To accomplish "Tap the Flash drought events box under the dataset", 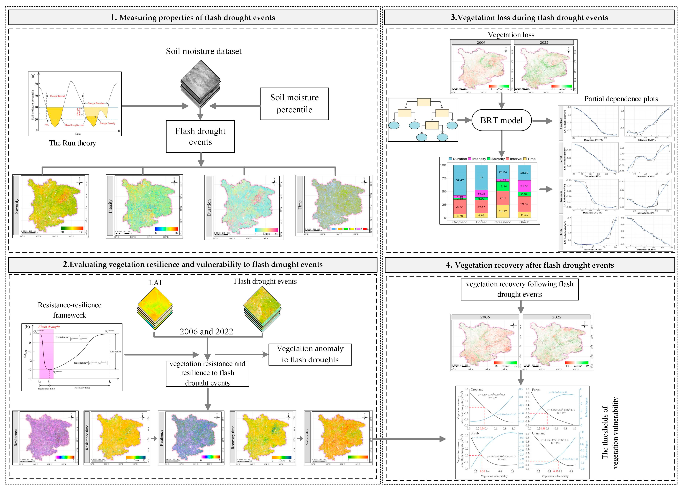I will [x=200, y=137].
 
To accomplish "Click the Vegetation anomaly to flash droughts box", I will [x=310, y=354].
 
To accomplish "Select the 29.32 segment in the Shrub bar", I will [x=524, y=204].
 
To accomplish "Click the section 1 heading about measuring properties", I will [x=193, y=17].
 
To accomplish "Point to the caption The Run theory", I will [x=72, y=143].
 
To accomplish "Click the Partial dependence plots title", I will [x=621, y=99].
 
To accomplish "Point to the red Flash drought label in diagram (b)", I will [x=49, y=327].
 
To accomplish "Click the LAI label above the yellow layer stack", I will [x=155, y=283].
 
